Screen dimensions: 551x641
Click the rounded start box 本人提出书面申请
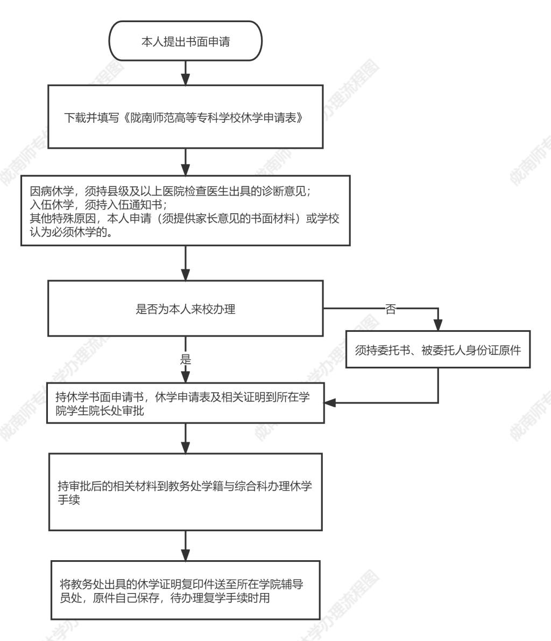(186, 41)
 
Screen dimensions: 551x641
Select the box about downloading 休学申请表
(186, 116)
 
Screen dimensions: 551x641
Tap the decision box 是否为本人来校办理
(186, 308)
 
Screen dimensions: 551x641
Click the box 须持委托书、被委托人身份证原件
(438, 350)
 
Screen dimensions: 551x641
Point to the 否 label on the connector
(391, 309)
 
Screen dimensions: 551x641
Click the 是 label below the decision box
(186, 359)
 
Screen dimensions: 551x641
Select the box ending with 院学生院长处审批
(186, 403)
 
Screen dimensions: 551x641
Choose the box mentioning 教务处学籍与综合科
(186, 492)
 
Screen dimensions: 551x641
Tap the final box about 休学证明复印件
(186, 590)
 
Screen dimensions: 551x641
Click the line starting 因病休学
(170, 191)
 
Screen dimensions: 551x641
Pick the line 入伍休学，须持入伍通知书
(98, 204)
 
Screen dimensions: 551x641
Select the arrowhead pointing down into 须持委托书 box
(438, 325)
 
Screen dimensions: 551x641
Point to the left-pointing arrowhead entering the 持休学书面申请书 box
(330, 403)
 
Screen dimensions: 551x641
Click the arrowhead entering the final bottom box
(186, 555)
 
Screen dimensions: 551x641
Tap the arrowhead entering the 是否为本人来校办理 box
(186, 275)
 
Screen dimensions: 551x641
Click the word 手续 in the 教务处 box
(69, 499)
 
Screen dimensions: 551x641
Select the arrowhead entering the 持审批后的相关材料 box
(186, 448)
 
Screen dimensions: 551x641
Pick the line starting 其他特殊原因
(184, 218)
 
